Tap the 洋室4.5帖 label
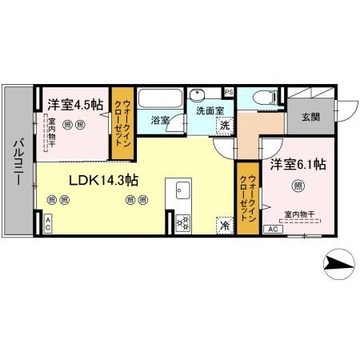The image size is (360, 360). click(75, 104)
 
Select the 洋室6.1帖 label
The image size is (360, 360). click(297, 165)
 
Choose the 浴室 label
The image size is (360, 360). click(159, 121)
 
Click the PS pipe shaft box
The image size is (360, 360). click(230, 91)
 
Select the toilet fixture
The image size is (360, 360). click(262, 98)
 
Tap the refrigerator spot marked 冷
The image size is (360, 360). click(225, 225)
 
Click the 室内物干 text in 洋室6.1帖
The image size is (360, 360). click(300, 214)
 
